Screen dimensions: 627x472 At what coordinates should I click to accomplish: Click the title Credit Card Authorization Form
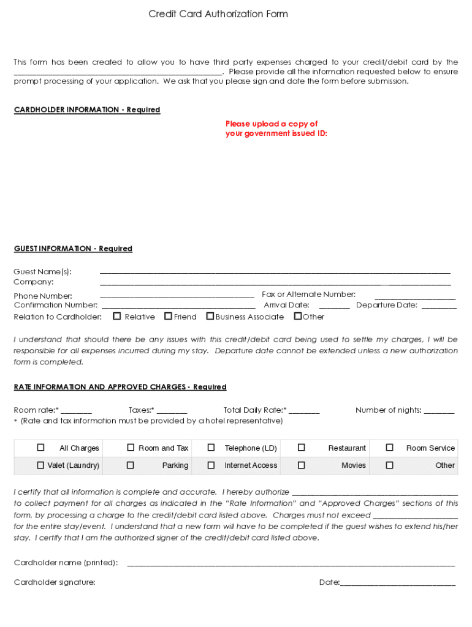(218, 13)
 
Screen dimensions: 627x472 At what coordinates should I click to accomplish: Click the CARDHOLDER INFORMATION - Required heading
(87, 110)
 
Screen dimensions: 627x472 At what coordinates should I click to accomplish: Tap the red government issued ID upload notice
(276, 129)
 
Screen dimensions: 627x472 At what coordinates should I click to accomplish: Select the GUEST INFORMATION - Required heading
(73, 249)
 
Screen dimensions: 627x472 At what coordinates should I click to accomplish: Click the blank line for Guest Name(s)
(275, 271)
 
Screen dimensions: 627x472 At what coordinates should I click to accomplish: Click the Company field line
(275, 282)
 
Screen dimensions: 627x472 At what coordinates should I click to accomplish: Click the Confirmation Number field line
(178, 305)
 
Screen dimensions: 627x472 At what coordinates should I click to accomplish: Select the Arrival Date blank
(334, 305)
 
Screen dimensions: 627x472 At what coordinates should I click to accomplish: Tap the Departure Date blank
(439, 305)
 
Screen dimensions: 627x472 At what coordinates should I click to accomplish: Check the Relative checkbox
(116, 317)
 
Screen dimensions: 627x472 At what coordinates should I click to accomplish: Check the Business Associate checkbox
(210, 317)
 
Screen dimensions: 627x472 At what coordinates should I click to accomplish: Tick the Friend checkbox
(168, 317)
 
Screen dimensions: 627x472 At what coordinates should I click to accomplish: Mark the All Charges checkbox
(41, 448)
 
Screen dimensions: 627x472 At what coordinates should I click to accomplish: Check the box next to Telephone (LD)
(211, 448)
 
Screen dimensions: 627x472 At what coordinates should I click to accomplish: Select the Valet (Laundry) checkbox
(41, 465)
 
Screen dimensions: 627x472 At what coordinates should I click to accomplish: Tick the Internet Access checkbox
(211, 465)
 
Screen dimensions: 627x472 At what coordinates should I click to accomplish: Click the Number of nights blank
(439, 411)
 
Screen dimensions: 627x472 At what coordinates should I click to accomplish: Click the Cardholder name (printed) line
(291, 563)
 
